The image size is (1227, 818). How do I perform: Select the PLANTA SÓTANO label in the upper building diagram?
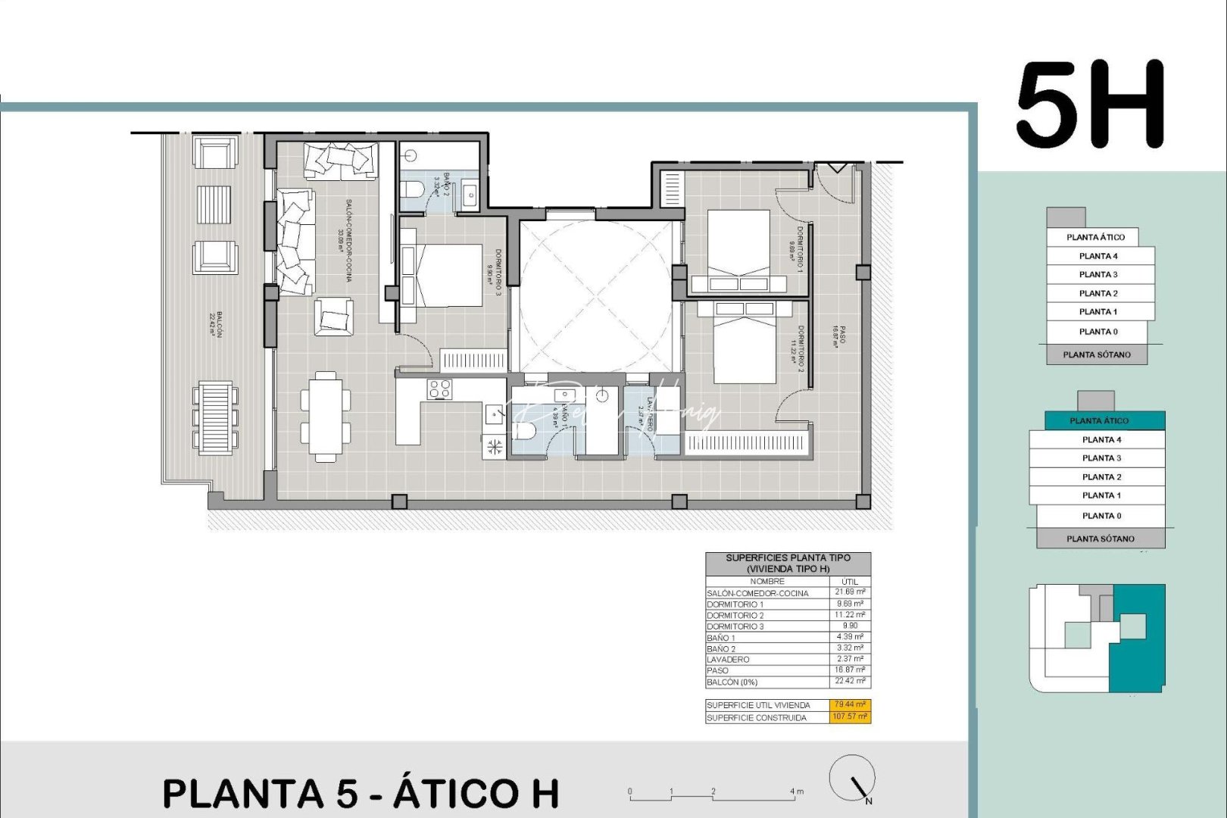1096,354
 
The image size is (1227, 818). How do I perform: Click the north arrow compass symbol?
854,779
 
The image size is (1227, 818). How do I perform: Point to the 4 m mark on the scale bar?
796,792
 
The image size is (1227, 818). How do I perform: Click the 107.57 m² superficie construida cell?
850,717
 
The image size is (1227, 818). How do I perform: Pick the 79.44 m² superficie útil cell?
850,704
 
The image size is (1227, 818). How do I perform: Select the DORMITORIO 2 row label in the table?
735,616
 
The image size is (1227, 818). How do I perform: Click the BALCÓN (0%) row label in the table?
732,682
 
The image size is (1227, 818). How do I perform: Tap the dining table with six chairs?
326,417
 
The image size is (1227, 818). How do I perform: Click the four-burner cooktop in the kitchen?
440,389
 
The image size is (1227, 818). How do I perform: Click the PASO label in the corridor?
839,336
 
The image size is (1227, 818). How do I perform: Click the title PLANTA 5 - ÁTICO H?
361,793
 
